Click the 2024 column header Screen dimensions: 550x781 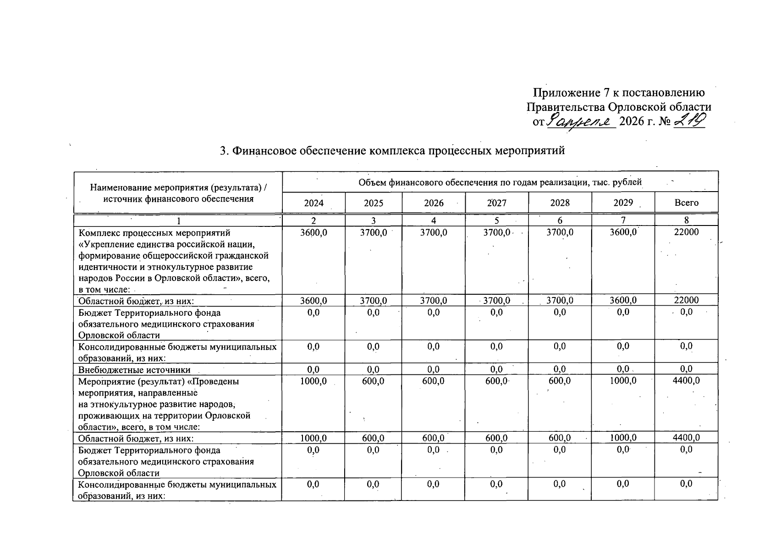coord(313,203)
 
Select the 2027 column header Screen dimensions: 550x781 coord(496,203)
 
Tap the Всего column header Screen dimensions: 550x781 coord(686,203)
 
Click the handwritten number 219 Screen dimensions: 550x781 coord(690,121)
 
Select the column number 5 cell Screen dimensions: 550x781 coord(496,220)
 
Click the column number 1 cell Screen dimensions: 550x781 coord(177,220)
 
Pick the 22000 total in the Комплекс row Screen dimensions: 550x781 coord(686,232)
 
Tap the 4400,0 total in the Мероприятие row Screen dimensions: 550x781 coord(686,381)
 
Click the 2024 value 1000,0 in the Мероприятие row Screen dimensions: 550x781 coord(313,381)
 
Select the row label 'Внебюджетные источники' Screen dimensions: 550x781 coord(134,370)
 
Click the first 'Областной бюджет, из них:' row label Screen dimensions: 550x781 coord(136,301)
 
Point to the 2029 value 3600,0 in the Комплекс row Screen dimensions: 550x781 coord(623,232)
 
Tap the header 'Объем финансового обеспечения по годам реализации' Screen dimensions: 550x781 coord(500,182)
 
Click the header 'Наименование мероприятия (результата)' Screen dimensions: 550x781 coord(178,187)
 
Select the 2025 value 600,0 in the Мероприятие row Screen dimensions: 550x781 coord(373,381)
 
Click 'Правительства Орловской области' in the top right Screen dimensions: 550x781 coord(619,107)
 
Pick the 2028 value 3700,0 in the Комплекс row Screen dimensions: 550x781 coord(560,232)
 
